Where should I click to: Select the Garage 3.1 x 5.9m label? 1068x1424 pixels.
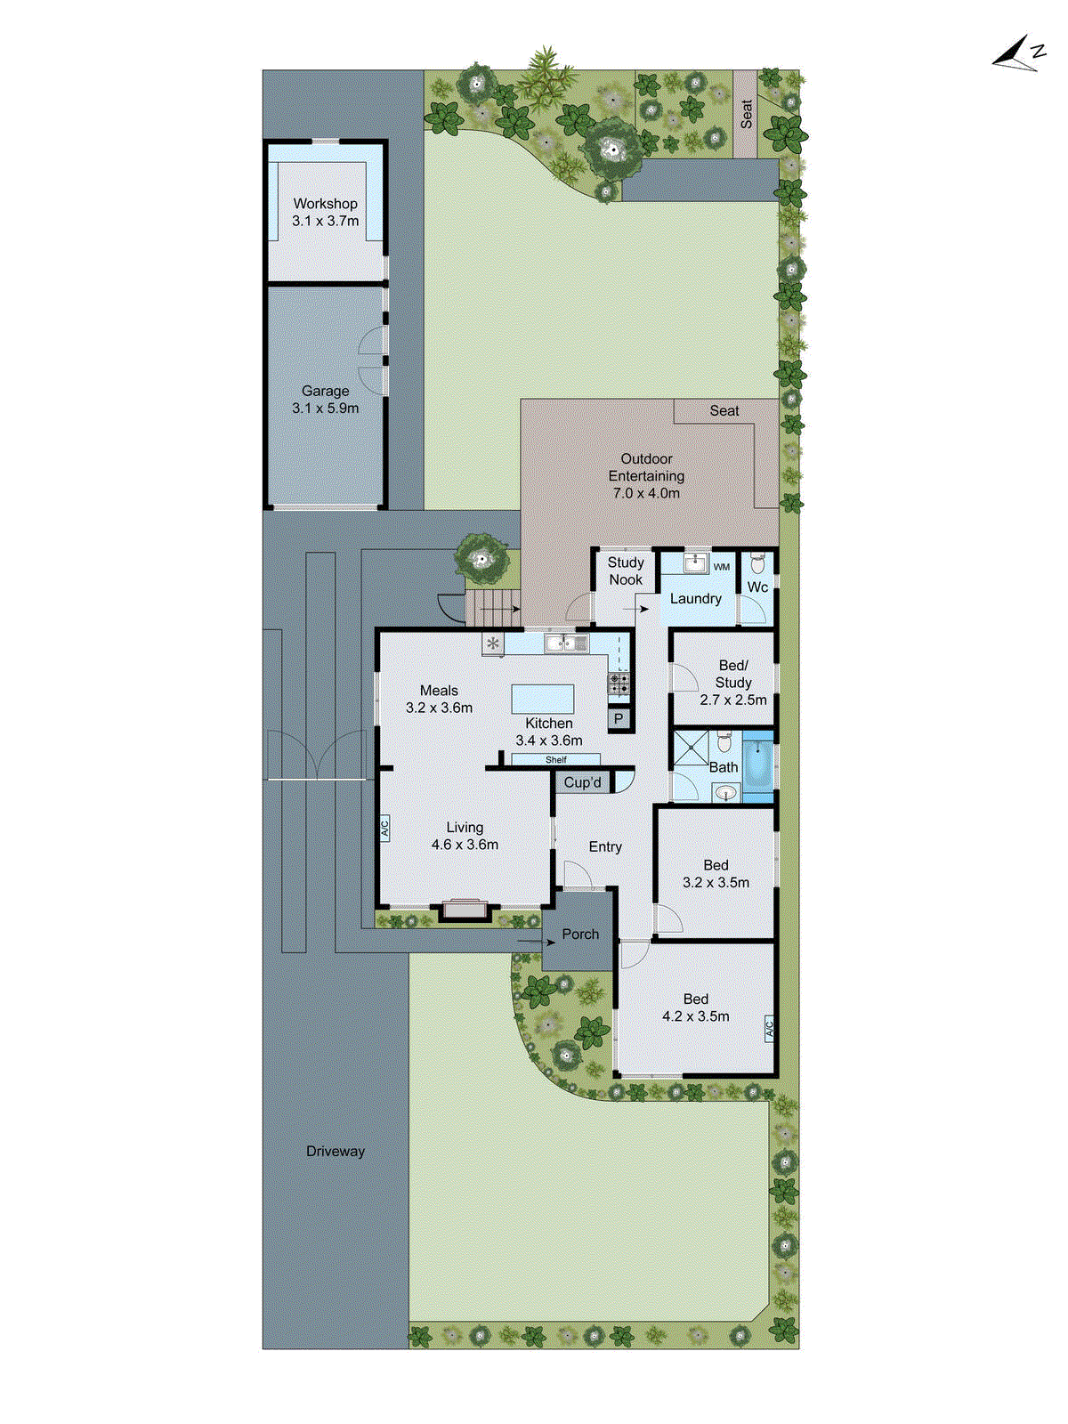[325, 400]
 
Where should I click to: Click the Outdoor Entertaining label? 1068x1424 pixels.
[646, 475]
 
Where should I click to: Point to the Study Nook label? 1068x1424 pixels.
[626, 570]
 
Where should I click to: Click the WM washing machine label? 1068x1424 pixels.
[722, 567]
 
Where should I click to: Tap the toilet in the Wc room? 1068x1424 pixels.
[757, 563]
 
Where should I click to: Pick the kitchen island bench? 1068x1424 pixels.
[543, 699]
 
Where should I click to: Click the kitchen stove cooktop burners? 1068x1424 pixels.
[619, 684]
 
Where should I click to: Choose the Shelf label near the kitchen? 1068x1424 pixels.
[555, 760]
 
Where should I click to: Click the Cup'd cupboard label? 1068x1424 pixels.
[583, 782]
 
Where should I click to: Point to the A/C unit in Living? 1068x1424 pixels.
[385, 828]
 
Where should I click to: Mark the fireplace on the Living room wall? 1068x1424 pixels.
[465, 910]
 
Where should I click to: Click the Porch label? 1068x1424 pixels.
[580, 934]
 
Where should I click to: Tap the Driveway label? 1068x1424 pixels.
[336, 1151]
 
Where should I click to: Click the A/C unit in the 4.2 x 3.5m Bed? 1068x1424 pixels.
[769, 1029]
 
